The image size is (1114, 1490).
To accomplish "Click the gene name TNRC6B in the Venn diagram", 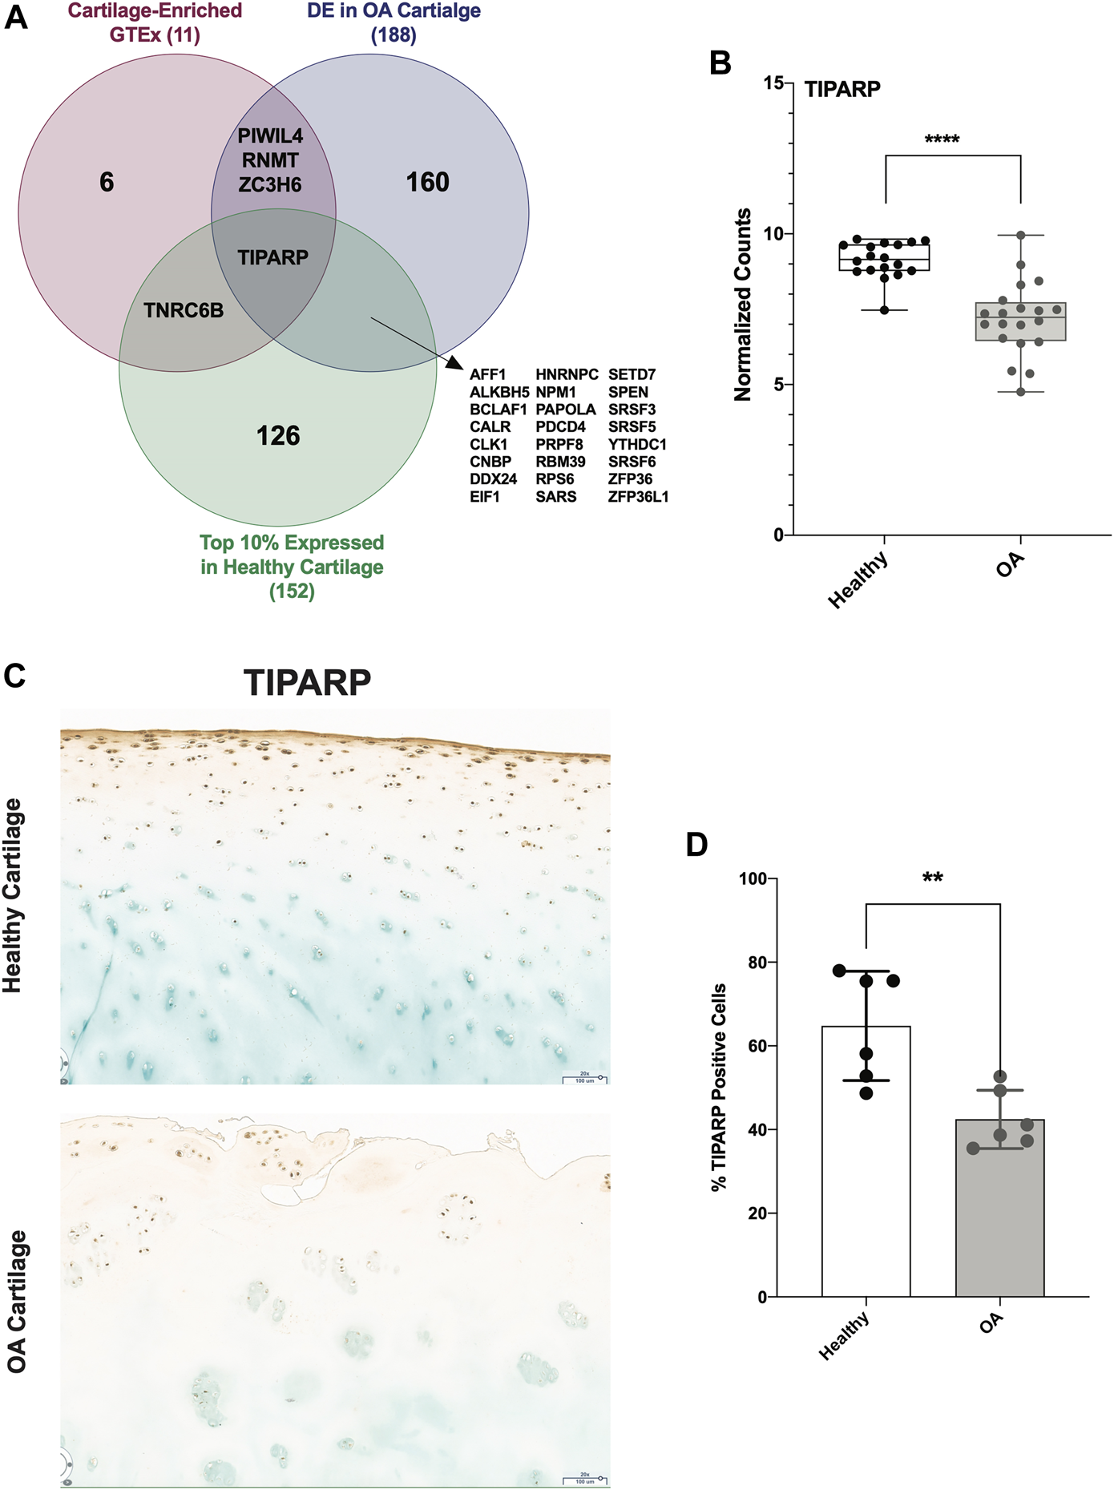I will pos(184,310).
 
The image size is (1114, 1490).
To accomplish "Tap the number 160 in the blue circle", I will pos(427,183).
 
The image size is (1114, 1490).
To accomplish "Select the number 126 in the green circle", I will pos(278,436).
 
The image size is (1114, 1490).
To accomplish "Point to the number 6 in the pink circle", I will pos(107,183).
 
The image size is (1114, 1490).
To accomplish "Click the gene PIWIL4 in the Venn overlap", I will pos(270,136).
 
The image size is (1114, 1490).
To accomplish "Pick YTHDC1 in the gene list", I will pos(637,444).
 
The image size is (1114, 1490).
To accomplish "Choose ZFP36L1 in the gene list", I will pos(638,497).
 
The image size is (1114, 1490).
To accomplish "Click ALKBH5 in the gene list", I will pos(499,392).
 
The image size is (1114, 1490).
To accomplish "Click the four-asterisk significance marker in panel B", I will pos(942,140).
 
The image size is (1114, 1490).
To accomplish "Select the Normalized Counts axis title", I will pos(743,305).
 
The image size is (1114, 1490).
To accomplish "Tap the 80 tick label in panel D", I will pos(757,963).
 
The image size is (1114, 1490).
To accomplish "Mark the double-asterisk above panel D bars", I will pos(932,878).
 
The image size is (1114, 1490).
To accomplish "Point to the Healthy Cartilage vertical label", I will pos(13,895).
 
